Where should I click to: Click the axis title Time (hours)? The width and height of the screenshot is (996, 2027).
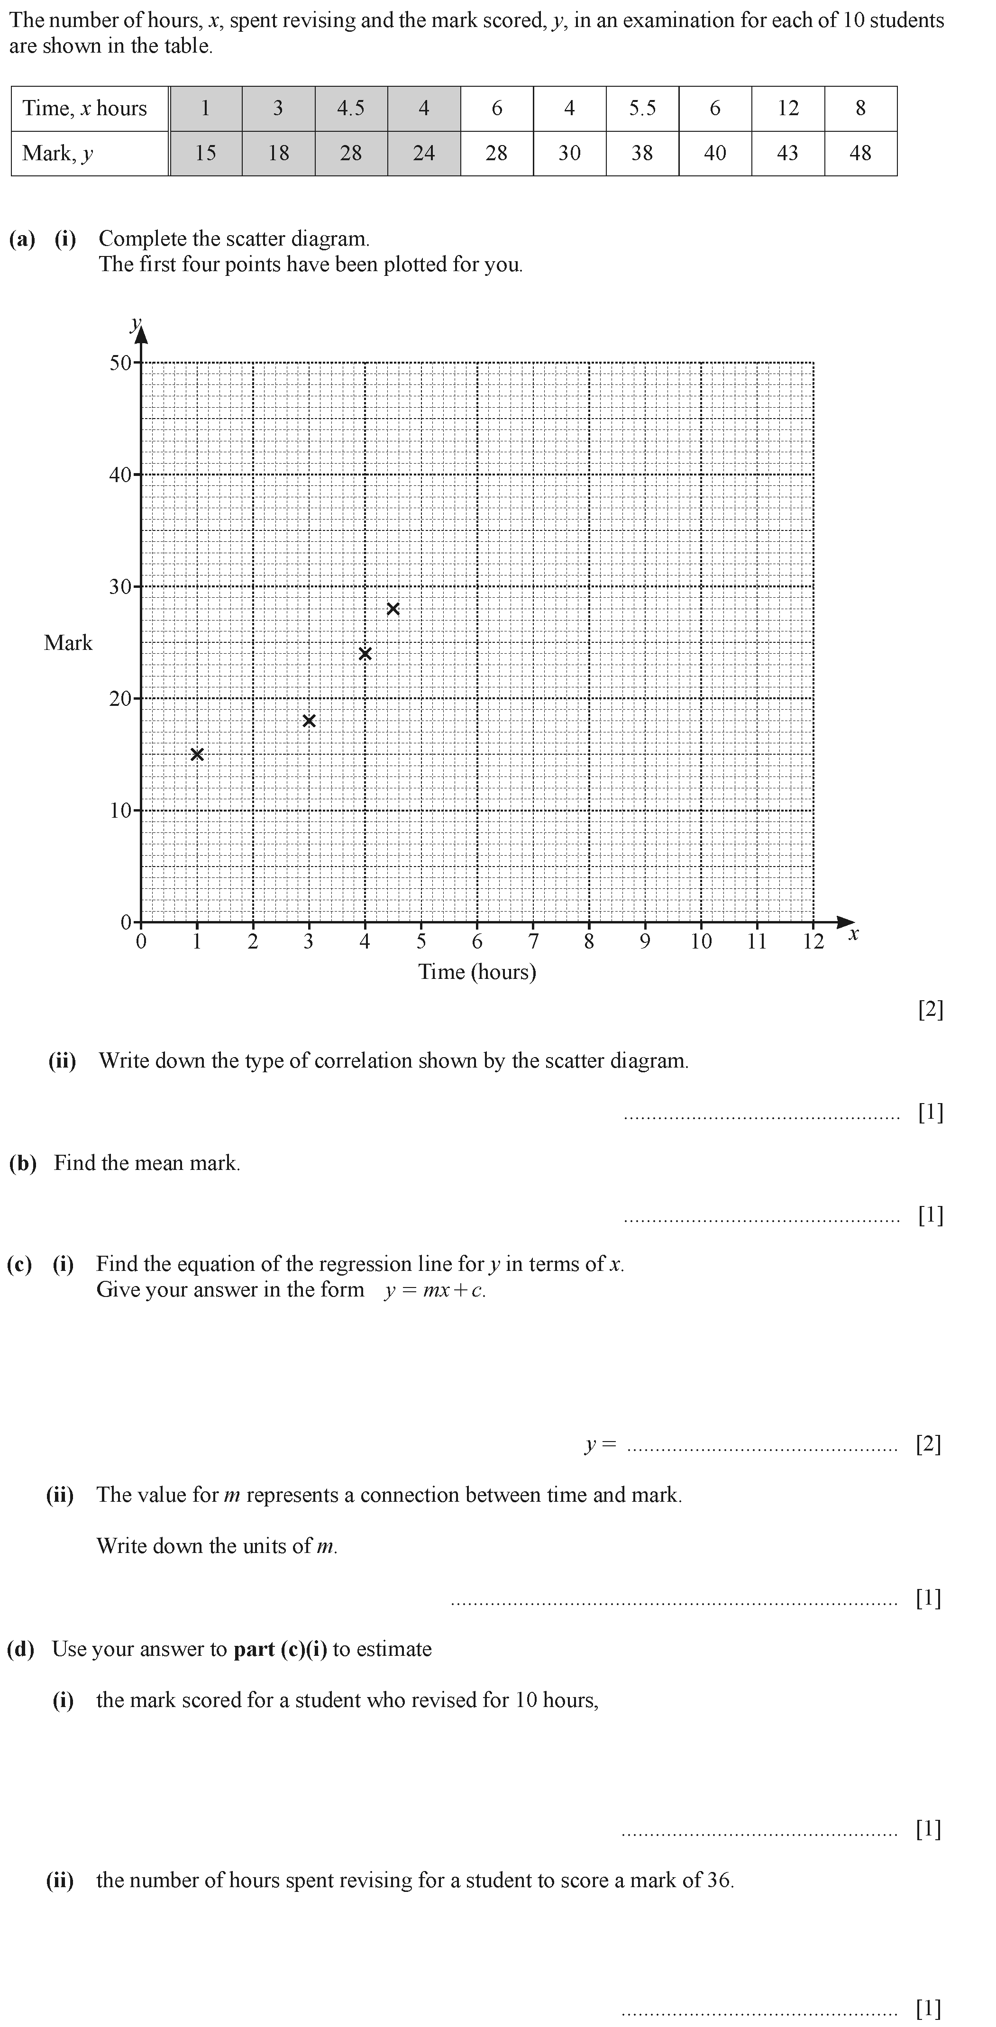pyautogui.click(x=477, y=972)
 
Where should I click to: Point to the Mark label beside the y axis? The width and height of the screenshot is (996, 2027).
pyautogui.click(x=68, y=643)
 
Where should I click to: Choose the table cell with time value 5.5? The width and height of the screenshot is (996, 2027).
pyautogui.click(x=642, y=109)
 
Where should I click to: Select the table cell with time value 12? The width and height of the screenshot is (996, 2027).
pyautogui.click(x=787, y=109)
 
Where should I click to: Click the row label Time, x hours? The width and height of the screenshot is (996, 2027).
pyautogui.click(x=85, y=109)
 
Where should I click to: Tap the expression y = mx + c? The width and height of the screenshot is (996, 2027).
pyautogui.click(x=434, y=1290)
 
